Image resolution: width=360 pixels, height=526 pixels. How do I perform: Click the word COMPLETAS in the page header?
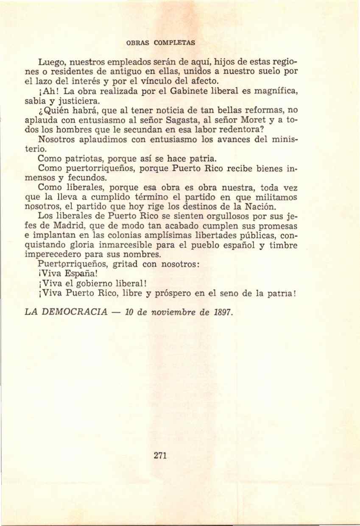pyautogui.click(x=174, y=42)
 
